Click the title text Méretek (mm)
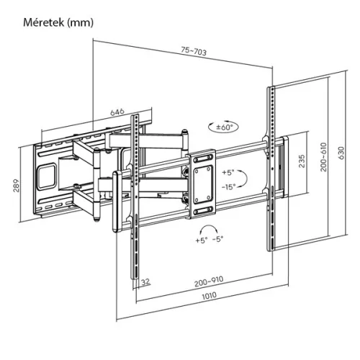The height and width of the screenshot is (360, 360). tap(53, 22)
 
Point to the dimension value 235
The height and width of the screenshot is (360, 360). tap(302, 161)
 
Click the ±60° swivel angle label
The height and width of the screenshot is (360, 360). tap(227, 127)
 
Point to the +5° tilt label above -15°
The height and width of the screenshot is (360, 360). tap(228, 174)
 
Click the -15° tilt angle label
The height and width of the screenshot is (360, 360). tap(228, 186)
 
